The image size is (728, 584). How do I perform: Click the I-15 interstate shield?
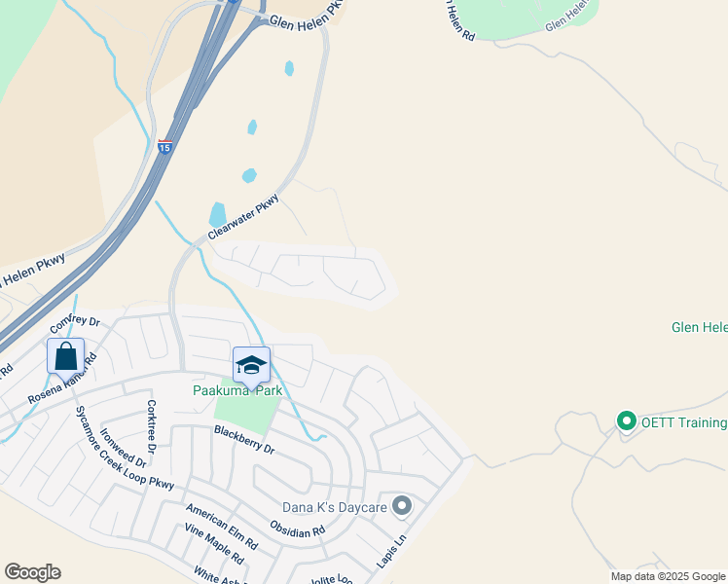tap(164, 147)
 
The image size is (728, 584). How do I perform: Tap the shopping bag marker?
tap(65, 355)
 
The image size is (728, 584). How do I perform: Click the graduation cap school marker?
tap(251, 365)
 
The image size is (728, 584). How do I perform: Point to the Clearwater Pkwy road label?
tap(243, 218)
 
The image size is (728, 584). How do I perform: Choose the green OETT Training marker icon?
tap(626, 421)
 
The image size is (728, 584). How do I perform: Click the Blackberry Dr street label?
tap(244, 441)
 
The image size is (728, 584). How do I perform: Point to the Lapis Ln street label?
tap(390, 551)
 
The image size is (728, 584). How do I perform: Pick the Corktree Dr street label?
tap(152, 421)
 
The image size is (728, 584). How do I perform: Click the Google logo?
tap(32, 572)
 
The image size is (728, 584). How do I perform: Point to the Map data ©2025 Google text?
tap(668, 576)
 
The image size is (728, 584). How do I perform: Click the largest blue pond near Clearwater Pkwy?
tap(217, 213)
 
